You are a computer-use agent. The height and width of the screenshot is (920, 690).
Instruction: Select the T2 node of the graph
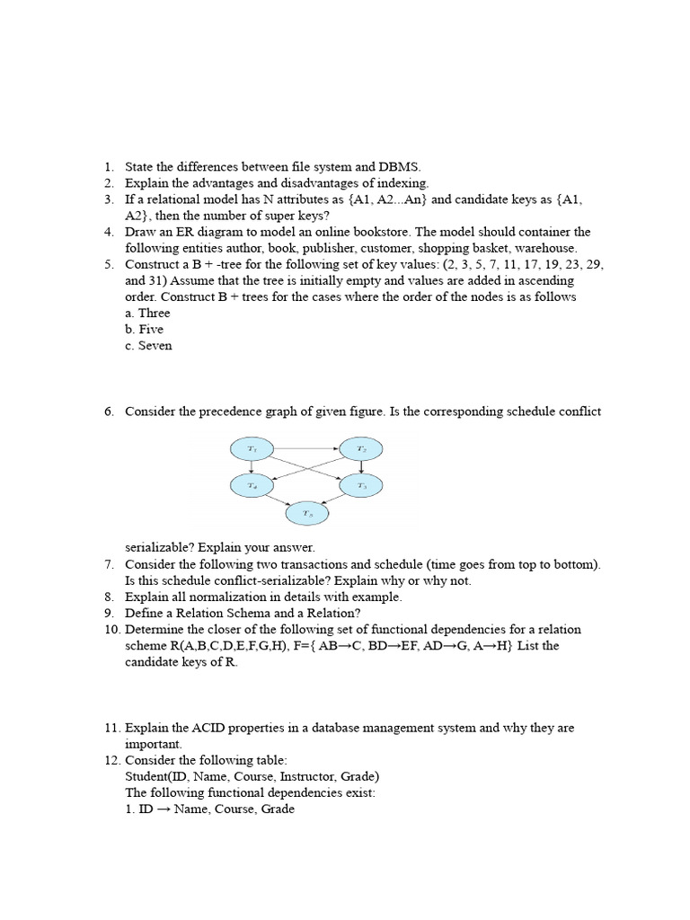pos(360,447)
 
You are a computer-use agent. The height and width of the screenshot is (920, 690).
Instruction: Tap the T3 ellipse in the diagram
pos(360,485)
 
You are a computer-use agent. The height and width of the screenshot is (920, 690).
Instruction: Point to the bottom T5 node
pos(306,514)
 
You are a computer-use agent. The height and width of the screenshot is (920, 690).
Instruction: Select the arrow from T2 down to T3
pos(360,466)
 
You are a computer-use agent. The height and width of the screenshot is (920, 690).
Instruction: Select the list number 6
pos(108,411)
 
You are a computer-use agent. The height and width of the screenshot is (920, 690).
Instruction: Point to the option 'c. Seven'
pos(148,345)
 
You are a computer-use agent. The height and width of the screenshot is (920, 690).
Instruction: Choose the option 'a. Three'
pos(147,313)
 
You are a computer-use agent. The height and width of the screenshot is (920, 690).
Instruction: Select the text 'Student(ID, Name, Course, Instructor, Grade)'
pos(252,776)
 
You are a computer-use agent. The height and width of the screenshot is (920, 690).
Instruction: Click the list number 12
pos(111,760)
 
